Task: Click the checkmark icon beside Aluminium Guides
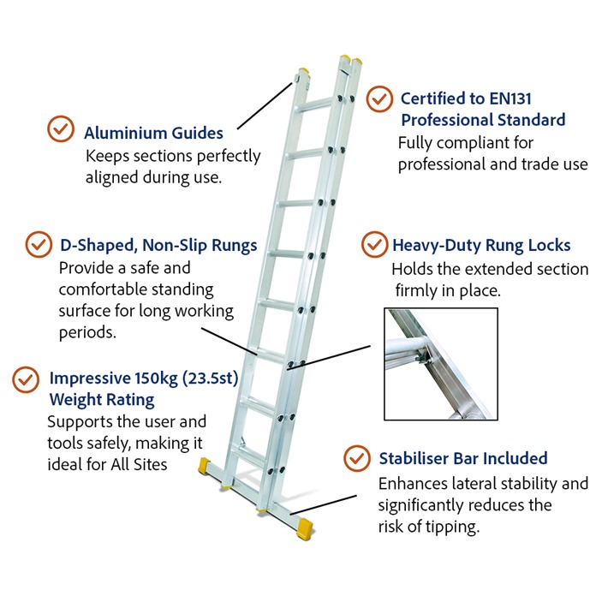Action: [x=61, y=128]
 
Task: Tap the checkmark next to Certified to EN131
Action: [x=379, y=98]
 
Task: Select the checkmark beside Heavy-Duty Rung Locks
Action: [x=374, y=244]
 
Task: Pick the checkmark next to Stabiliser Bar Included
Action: [x=356, y=458]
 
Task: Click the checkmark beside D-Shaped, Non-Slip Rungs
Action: [x=39, y=244]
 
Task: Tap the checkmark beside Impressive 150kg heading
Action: [x=26, y=379]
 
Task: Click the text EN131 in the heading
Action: [x=510, y=98]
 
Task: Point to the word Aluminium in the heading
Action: [x=125, y=133]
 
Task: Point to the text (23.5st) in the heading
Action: [x=210, y=378]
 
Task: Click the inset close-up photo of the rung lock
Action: [x=441, y=364]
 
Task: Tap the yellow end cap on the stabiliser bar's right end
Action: [x=305, y=528]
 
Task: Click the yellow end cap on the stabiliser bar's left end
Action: [x=206, y=467]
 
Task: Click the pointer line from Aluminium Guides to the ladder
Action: [x=265, y=105]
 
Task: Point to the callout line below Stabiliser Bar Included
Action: [x=324, y=504]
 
